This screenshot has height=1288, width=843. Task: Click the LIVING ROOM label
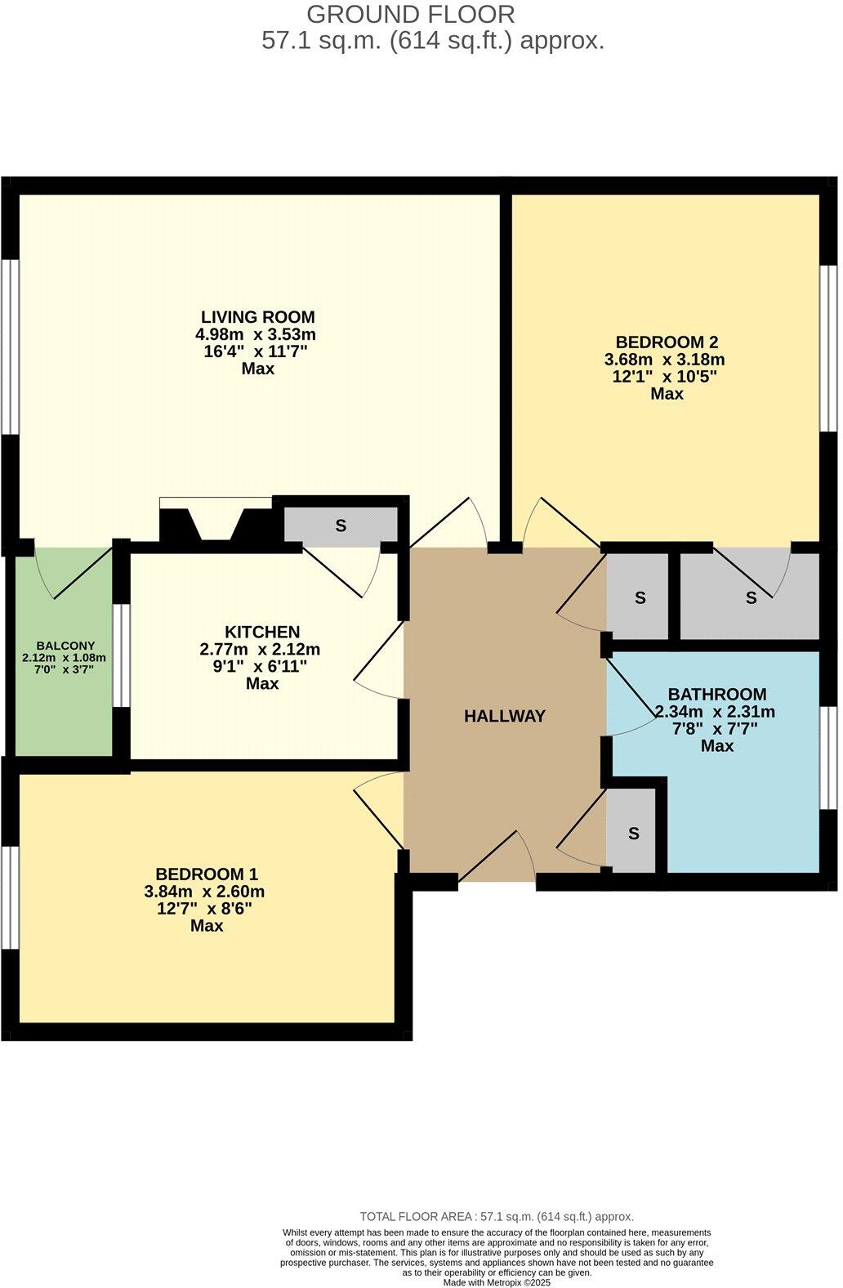(257, 317)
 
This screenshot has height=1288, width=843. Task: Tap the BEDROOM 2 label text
(666, 342)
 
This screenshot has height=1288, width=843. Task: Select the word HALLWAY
(504, 716)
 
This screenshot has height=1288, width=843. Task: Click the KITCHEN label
(262, 632)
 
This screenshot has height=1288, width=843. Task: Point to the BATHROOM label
(716, 695)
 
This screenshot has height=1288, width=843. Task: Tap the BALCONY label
(65, 646)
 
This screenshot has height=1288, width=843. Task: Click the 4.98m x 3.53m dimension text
(256, 334)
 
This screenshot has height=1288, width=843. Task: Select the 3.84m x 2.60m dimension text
(204, 892)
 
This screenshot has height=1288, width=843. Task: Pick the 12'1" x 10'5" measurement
(666, 377)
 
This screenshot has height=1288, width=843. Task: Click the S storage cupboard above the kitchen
(341, 525)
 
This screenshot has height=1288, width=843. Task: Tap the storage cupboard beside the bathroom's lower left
(633, 834)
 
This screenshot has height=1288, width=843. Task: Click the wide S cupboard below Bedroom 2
(750, 597)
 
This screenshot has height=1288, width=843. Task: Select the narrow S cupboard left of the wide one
(640, 597)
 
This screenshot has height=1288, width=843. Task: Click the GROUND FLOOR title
(411, 14)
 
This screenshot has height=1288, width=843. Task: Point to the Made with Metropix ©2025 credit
(497, 1282)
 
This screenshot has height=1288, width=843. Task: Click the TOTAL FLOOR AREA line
(497, 1216)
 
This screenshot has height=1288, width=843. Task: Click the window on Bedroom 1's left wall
(10, 897)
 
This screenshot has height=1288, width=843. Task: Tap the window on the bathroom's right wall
(830, 758)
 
